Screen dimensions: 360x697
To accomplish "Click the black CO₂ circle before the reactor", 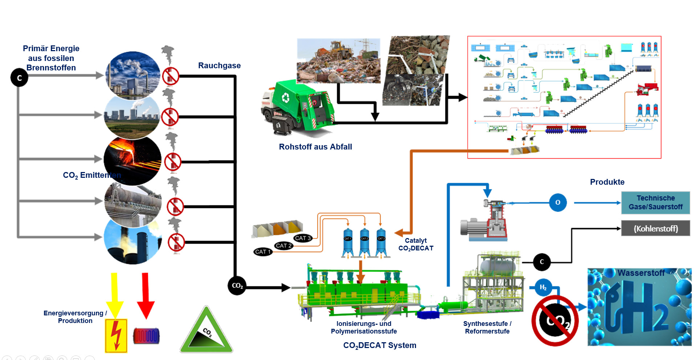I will click(x=237, y=286).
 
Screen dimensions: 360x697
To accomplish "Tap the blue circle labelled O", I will click(x=558, y=202).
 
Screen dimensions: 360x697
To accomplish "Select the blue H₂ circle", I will click(x=543, y=287).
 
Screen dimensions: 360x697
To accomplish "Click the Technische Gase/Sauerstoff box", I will click(x=655, y=202).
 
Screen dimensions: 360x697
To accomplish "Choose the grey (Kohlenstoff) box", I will click(x=655, y=229).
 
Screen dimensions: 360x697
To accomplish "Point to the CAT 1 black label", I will click(x=263, y=251).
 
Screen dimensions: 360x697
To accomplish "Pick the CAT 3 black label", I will click(x=303, y=238).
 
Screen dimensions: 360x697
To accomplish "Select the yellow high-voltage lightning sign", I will click(x=116, y=336).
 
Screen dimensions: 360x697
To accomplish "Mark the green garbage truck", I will click(x=298, y=107).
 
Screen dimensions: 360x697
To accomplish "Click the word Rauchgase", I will click(x=219, y=66).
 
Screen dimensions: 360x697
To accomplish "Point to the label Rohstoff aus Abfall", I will click(x=315, y=147).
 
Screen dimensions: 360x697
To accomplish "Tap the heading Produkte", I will click(x=607, y=182).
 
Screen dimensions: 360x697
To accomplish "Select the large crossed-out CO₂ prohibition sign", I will click(x=555, y=320).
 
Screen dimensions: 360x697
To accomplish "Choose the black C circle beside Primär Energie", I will click(x=19, y=78).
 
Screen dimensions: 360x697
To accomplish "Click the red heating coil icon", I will click(x=146, y=336).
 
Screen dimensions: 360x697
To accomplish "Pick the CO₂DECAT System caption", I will click(x=380, y=345).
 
